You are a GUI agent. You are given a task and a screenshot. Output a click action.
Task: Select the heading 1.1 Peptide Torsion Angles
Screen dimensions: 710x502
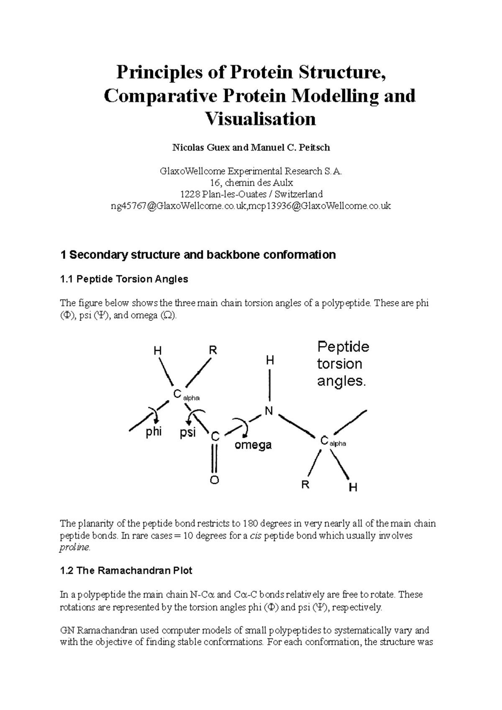tap(124, 279)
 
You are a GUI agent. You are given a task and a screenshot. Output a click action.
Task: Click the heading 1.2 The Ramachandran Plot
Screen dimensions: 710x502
tap(126, 571)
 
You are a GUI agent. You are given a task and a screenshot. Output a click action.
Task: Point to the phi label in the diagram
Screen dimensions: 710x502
tap(154, 432)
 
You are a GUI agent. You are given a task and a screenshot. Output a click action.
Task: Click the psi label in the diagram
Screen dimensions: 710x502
tap(188, 432)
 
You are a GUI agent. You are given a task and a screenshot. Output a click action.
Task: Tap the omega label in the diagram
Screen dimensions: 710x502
tap(253, 444)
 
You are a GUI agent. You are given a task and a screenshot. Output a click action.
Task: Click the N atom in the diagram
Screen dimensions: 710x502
tap(269, 411)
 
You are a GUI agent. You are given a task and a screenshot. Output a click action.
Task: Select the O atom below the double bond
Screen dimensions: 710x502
tap(214, 480)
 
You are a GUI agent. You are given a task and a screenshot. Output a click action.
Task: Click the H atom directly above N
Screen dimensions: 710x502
tap(270, 360)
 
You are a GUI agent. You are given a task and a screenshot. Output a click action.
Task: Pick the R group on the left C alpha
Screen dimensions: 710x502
tap(213, 350)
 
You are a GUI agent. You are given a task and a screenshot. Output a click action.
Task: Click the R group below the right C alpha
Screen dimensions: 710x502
tap(305, 485)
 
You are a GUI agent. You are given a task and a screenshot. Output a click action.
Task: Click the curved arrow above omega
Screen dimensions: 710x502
tap(242, 426)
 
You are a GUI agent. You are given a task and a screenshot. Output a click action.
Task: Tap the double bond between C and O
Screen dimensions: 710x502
tap(214, 458)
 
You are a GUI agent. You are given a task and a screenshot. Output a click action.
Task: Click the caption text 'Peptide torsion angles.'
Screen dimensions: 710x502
tap(343, 364)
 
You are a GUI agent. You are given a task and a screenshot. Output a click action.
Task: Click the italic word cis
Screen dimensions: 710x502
tap(255, 536)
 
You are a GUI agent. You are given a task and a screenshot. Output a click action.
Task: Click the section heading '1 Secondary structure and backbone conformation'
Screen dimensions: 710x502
tap(198, 255)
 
